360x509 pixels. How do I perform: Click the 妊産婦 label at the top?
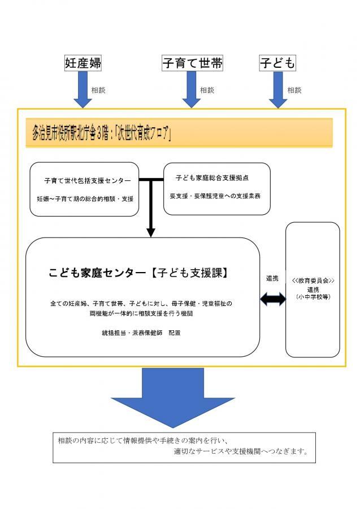tap(83, 63)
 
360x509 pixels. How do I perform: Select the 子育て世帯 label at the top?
tap(192, 63)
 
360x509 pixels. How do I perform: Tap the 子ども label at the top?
tap(277, 63)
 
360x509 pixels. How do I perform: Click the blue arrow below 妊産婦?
tap(83, 90)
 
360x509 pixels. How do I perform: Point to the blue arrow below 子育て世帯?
tap(192, 90)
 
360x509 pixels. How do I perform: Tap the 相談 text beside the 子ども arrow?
tap(294, 89)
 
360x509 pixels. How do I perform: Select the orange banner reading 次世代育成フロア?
tap(179, 133)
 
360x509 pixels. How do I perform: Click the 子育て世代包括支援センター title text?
tap(87, 181)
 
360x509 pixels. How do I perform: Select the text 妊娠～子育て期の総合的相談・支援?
tap(85, 199)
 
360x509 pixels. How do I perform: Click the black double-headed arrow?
tap(272, 300)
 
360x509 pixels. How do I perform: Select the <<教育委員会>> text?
tap(313, 281)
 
